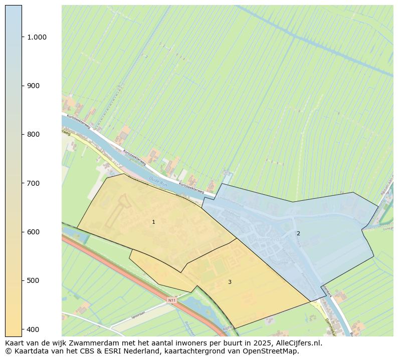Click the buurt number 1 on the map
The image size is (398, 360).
(x=153, y=222)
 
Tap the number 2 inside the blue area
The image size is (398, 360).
(x=298, y=233)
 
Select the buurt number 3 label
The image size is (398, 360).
(x=230, y=282)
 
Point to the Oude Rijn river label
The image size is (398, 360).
(x=158, y=182)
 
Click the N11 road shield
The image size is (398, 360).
(x=172, y=300)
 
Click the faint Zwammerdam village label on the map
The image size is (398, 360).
(x=271, y=240)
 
